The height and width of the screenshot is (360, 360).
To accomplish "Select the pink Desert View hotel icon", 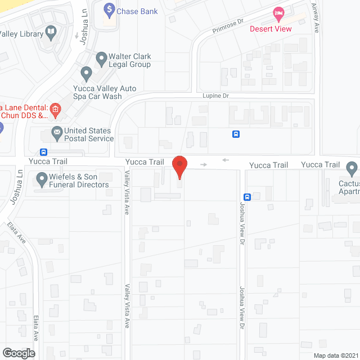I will (x=278, y=12).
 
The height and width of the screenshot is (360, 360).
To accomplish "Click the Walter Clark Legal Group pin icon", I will (x=101, y=57).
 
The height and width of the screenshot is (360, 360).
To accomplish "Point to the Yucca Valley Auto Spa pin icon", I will (x=86, y=73).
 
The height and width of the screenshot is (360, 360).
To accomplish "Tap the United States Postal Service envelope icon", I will (x=57, y=134).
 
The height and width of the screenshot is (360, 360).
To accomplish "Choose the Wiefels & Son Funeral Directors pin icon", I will (x=42, y=179).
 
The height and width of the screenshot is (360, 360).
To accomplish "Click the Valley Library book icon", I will (x=51, y=33).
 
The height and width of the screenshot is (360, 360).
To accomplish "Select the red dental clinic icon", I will (x=55, y=109).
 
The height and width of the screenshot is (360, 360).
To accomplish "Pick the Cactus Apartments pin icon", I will (x=352, y=167).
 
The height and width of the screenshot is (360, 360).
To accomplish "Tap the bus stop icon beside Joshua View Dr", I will (x=247, y=197).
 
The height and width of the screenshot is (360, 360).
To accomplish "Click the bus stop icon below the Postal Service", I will (x=43, y=152).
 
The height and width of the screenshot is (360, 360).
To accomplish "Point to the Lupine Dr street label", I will (x=217, y=96).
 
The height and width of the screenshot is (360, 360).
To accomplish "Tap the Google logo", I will (x=19, y=353).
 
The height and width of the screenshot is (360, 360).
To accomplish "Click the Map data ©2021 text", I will (x=336, y=355).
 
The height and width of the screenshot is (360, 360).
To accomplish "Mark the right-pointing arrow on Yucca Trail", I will (x=204, y=164).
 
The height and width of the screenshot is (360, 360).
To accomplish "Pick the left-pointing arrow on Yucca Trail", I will (x=226, y=160).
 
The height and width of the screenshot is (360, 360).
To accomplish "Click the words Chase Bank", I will (x=138, y=11).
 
